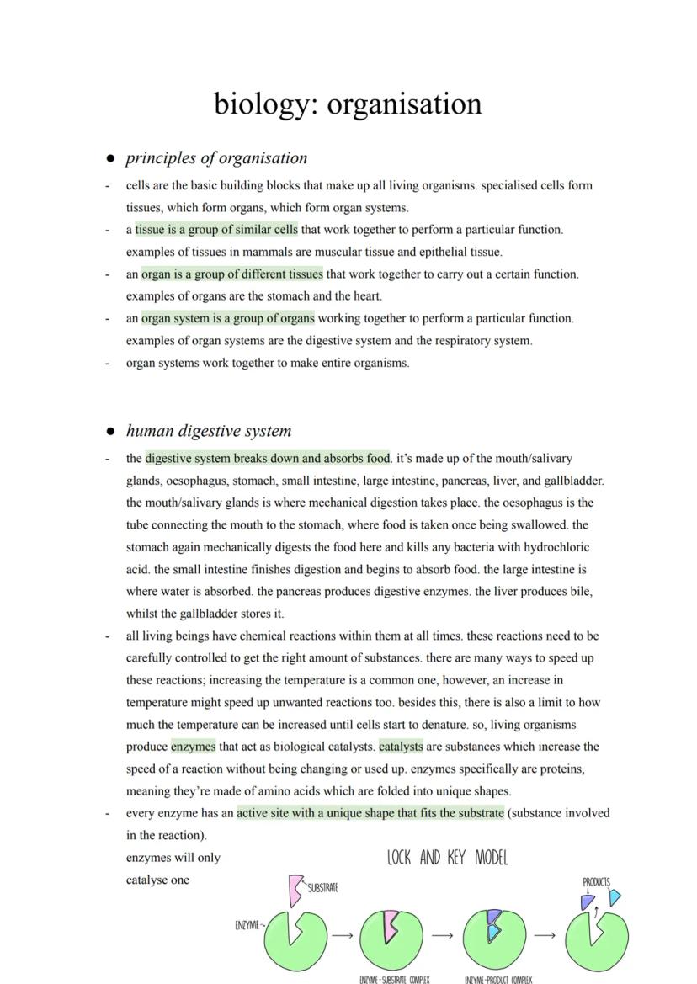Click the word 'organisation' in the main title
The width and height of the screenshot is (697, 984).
click(x=404, y=104)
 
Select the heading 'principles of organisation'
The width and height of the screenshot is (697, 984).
click(x=216, y=158)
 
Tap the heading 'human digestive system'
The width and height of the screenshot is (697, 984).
click(x=209, y=431)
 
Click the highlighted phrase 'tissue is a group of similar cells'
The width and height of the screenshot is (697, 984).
click(x=216, y=230)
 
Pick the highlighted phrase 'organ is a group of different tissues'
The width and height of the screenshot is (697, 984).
click(x=231, y=274)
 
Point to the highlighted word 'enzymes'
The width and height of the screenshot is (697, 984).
click(x=193, y=747)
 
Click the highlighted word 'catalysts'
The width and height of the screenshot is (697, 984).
click(x=401, y=747)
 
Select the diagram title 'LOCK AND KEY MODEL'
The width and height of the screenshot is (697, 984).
click(x=447, y=859)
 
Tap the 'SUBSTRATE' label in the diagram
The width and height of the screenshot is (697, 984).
click(x=322, y=888)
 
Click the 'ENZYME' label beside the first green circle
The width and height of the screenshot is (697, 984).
click(x=248, y=925)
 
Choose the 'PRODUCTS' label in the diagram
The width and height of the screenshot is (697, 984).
click(x=596, y=882)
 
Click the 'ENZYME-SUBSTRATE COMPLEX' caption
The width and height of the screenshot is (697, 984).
click(x=394, y=980)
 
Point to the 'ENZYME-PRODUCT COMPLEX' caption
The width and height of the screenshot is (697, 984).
click(x=498, y=980)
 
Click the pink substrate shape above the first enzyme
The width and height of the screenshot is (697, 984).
click(x=295, y=890)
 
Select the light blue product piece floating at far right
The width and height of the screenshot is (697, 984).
click(x=615, y=897)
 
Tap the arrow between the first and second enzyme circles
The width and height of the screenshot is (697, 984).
click(x=342, y=935)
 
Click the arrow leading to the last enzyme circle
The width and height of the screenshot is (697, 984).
click(x=545, y=935)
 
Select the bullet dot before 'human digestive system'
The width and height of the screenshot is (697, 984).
click(x=109, y=432)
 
